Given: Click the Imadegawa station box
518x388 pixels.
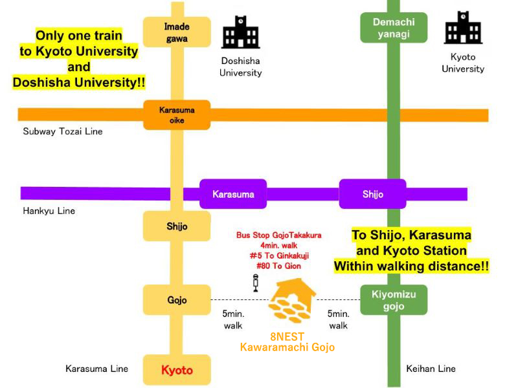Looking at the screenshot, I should click(x=177, y=32).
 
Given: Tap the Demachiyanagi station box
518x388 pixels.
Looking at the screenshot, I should click(x=393, y=28).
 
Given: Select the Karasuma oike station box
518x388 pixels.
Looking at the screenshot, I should click(x=177, y=115).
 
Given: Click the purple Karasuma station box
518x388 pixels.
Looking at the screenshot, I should click(x=233, y=193).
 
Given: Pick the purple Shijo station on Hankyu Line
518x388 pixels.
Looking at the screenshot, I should click(x=372, y=193).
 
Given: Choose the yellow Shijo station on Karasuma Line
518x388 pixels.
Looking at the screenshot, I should click(x=177, y=226).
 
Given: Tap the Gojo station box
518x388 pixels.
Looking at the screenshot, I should click(x=177, y=300).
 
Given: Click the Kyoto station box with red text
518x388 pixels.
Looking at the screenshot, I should click(x=177, y=370).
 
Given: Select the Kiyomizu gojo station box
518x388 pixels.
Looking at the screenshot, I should click(x=394, y=300).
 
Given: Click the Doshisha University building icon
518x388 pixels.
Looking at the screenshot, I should click(x=241, y=33).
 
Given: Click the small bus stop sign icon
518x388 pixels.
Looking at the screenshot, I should click(x=256, y=283).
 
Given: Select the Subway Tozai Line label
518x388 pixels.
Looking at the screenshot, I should click(x=63, y=131).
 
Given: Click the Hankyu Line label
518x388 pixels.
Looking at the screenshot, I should click(x=49, y=211).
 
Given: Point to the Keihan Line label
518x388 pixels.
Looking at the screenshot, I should click(x=431, y=369).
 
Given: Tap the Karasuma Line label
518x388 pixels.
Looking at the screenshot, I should click(x=96, y=369).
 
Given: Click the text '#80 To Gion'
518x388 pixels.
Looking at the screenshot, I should click(x=278, y=265).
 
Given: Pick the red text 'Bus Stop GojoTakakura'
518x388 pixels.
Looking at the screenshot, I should click(x=278, y=235).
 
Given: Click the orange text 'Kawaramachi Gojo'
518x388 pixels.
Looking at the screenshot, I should click(x=287, y=348).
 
